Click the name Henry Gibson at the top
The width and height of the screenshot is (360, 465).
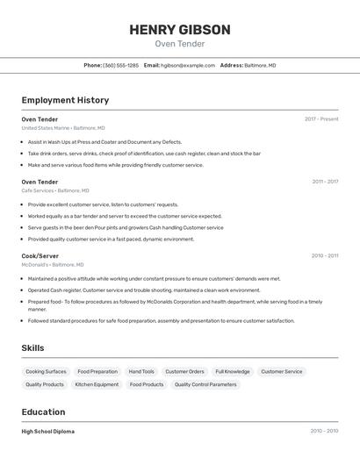point(180,30)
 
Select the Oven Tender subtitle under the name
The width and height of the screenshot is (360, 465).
point(180,44)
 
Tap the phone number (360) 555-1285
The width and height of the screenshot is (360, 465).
point(120,65)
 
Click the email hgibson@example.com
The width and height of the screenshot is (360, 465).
point(187,65)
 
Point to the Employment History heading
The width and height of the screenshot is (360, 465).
point(65,100)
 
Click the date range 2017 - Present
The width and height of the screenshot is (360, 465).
point(321,119)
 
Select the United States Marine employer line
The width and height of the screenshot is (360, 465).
point(63,128)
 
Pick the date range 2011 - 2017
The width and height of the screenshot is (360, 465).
point(325,182)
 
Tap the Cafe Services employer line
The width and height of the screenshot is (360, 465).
point(55,190)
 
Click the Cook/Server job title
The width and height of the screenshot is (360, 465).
point(40,256)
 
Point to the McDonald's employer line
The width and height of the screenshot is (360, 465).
point(53,265)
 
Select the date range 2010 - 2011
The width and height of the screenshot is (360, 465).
point(325,256)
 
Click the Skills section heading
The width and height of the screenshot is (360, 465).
point(32,348)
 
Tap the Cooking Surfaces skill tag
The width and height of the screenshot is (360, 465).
point(46,371)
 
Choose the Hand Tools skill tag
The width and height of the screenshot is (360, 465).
point(141,371)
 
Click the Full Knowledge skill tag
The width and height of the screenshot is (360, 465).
point(233,371)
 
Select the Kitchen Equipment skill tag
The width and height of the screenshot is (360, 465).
point(97,384)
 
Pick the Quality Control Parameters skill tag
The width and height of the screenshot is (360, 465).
point(205,384)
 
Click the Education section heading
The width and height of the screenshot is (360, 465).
point(43,411)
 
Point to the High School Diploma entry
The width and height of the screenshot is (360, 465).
point(48,432)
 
